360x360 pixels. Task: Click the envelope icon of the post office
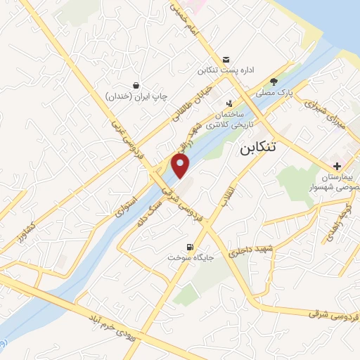coord(226,59)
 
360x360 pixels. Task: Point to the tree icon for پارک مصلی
coord(284,81)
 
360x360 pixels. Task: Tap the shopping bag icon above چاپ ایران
coord(136,83)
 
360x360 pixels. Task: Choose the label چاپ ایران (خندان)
coord(136,96)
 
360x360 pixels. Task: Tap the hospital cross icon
coord(338,166)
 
